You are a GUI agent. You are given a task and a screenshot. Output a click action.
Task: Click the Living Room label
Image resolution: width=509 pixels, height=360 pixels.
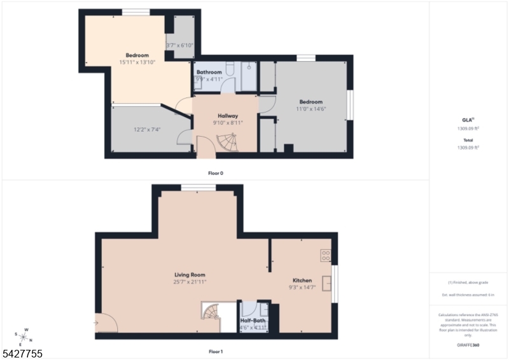[190, 275]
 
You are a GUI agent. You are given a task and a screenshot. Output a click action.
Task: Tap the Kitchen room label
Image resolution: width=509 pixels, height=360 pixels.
[302, 280]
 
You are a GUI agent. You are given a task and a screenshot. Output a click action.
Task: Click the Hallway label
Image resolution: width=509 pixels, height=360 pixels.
[228, 116]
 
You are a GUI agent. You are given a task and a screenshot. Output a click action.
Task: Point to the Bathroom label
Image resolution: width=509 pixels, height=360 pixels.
[209, 73]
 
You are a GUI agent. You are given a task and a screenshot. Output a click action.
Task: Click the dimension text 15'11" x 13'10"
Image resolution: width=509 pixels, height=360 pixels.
[137, 62]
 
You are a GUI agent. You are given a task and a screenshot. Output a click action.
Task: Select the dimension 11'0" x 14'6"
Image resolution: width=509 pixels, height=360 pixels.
[311, 109]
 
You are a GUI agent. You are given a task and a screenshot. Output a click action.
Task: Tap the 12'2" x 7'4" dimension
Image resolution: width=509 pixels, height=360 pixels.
[147, 129]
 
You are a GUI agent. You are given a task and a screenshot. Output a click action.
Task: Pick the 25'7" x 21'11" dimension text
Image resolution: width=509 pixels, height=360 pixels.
[190, 282]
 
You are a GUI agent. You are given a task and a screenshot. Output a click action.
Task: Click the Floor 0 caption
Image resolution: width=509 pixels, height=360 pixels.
[216, 173]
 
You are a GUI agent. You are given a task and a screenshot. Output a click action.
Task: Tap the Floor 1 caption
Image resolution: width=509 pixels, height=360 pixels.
[216, 352]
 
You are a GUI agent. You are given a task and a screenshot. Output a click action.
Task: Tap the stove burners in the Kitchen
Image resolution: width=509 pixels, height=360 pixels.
[326, 255]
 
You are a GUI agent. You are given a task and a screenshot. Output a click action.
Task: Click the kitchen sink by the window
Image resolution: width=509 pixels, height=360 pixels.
[327, 283]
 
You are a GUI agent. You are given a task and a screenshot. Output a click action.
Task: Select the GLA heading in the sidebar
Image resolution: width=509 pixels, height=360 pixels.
[468, 120]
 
